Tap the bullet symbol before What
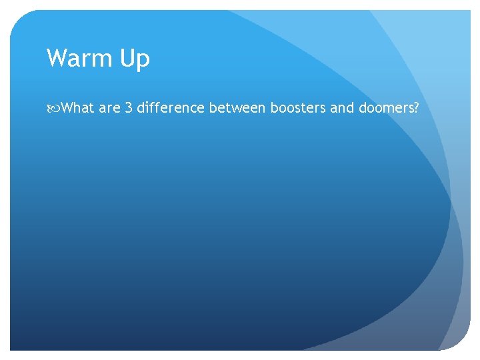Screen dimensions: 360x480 tap(53, 108)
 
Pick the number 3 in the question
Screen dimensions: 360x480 tap(129, 108)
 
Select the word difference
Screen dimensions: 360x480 tap(171, 108)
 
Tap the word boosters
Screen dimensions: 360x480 tap(297, 108)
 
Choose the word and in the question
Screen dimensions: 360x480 tap(341, 108)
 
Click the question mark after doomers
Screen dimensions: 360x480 tap(416, 108)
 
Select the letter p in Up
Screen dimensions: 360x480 tap(144, 62)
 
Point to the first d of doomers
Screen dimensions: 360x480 tap(362, 108)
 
